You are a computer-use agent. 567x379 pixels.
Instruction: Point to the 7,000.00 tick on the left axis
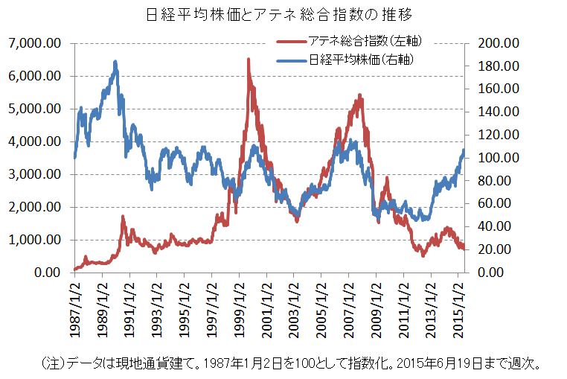point(33,43)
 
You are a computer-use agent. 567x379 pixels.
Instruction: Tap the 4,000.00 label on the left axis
point(33,141)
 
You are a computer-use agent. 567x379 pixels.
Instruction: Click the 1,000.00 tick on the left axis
point(33,240)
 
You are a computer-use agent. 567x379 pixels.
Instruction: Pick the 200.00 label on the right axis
point(494,43)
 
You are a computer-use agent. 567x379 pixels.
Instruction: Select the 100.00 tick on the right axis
point(494,158)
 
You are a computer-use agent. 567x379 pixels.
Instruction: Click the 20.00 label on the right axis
point(496,249)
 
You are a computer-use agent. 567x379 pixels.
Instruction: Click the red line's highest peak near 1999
point(248,60)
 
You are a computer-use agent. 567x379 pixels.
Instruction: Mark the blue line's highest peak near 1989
point(115,62)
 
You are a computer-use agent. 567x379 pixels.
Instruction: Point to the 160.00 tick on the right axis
point(494,89)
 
